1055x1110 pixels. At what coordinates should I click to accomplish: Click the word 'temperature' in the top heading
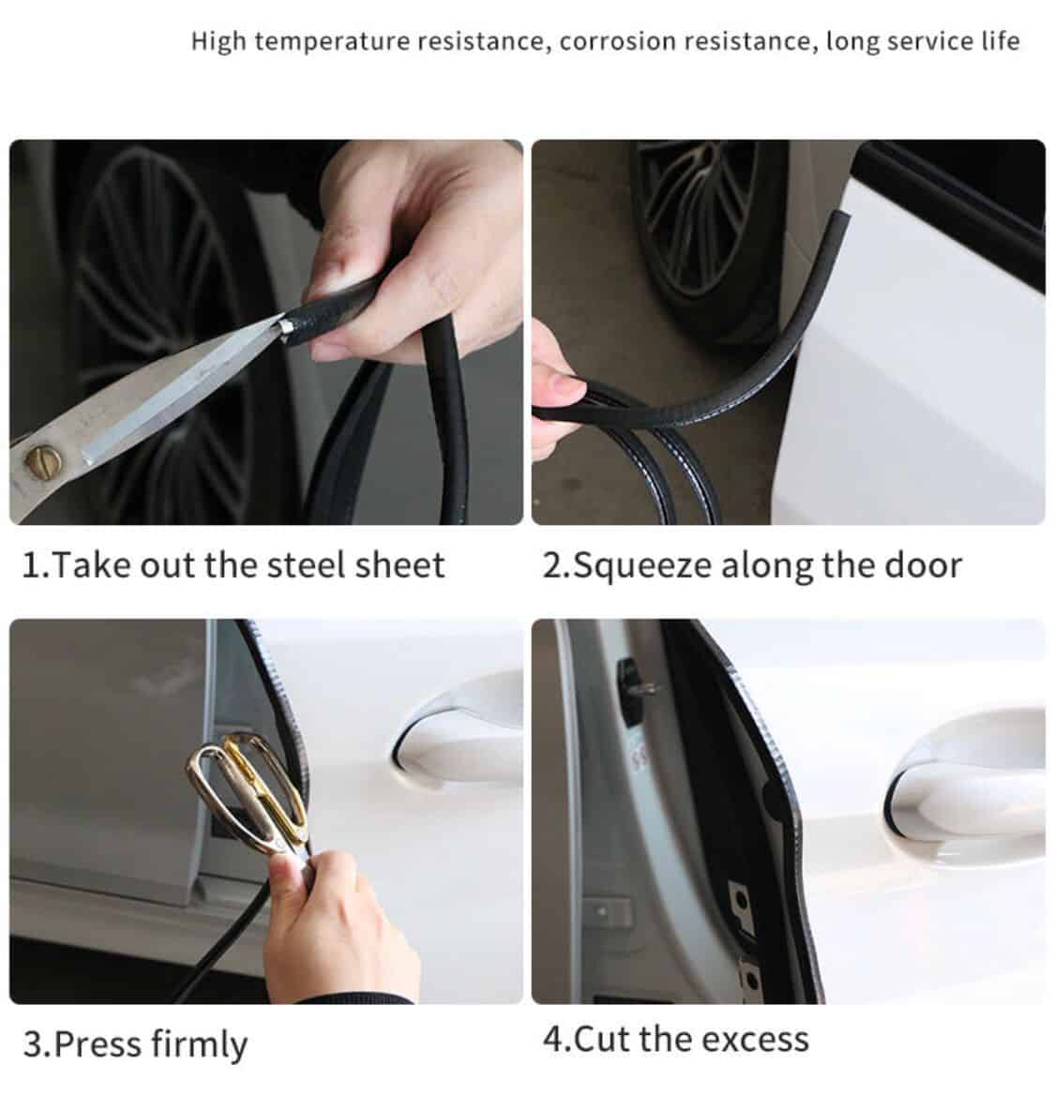(x=332, y=42)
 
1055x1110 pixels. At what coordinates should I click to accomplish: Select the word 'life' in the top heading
(x=1001, y=40)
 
